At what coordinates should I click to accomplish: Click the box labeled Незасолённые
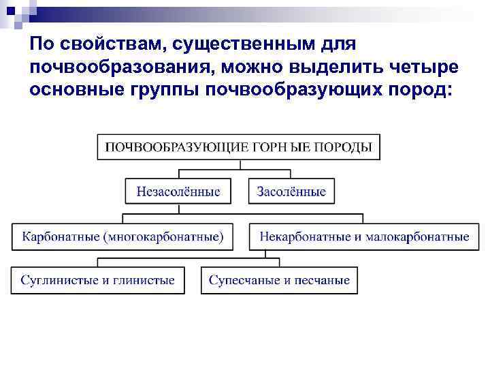pos(178,191)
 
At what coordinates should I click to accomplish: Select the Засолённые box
pos(291,191)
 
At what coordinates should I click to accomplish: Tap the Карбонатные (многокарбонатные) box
pos(122,237)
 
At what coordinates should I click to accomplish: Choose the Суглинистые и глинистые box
pos(97,280)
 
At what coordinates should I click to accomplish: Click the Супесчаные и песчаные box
pos(279,280)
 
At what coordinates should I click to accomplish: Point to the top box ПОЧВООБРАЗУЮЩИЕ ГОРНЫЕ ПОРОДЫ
pos(238,147)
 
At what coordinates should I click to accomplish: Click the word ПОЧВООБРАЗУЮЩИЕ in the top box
pos(161,147)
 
